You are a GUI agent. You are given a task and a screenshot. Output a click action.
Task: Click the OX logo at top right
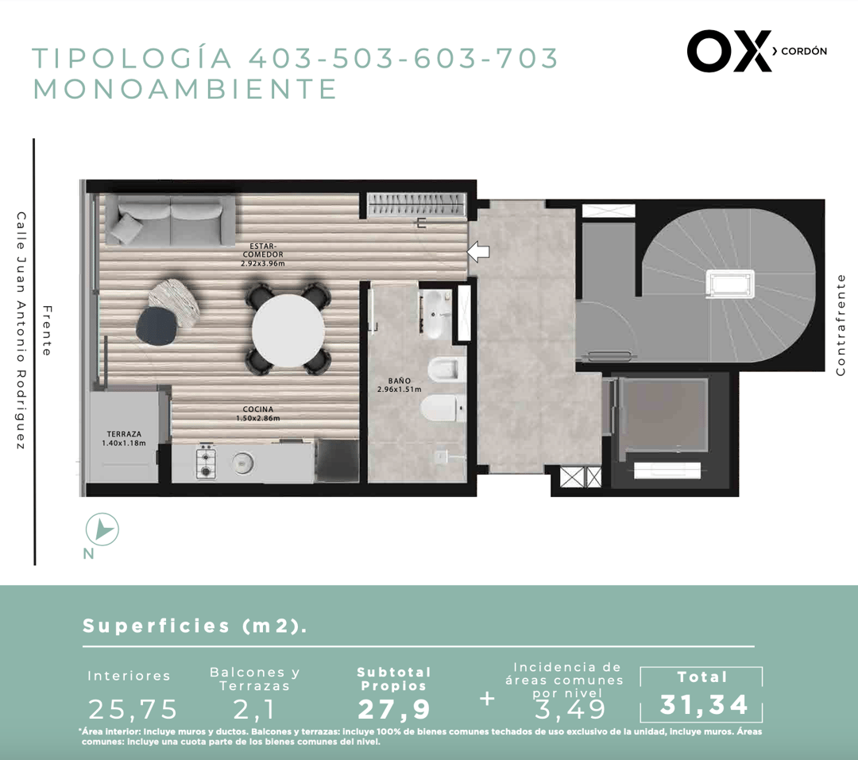(x=729, y=51)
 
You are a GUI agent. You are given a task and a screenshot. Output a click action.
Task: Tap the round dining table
(x=288, y=330)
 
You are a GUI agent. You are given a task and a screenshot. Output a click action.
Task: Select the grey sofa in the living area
(x=170, y=221)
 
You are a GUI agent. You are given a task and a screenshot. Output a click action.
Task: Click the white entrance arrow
(x=478, y=251)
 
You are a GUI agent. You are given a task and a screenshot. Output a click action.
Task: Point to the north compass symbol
(x=102, y=529)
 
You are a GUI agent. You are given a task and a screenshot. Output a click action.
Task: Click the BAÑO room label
(x=400, y=385)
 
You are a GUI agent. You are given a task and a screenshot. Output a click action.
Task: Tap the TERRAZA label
(x=124, y=439)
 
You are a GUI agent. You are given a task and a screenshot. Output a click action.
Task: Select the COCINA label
(x=257, y=413)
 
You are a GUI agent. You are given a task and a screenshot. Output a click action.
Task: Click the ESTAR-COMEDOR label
(x=263, y=254)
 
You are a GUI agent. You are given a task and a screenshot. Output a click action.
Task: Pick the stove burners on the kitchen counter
(x=206, y=462)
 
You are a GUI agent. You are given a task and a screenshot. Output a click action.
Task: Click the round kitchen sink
(x=242, y=463)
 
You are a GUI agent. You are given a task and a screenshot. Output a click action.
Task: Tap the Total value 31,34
(x=704, y=704)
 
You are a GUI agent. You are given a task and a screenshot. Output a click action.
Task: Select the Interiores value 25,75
(x=133, y=710)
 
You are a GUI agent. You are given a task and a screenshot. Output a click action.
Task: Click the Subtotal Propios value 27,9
(x=394, y=710)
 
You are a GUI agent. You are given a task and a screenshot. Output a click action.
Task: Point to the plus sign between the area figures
(x=486, y=699)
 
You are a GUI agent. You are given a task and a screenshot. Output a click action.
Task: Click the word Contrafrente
(x=841, y=324)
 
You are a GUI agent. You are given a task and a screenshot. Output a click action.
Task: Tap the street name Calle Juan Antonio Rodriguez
(x=21, y=332)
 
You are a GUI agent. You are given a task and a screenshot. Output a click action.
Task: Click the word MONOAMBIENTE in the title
(x=185, y=89)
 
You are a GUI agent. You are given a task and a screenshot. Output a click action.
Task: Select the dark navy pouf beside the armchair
(x=156, y=325)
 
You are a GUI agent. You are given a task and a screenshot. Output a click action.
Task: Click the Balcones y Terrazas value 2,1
(x=254, y=710)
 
